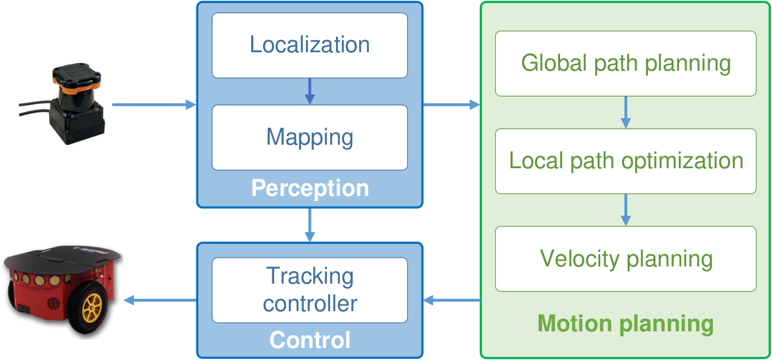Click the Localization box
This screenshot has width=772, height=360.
pos(310,45)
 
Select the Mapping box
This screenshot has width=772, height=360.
pos(310,137)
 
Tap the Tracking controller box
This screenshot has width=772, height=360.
pos(310,290)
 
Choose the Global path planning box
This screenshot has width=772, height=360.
pos(626,63)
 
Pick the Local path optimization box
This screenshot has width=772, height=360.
pos(626,161)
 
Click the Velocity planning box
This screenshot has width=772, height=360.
pos(626,259)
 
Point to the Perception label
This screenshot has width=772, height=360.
pos(310,188)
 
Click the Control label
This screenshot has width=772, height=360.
pos(310,340)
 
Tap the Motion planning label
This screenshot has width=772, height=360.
pos(626,324)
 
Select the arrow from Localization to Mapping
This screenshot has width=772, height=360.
pos(310,91)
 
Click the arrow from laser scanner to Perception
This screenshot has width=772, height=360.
pos(154,104)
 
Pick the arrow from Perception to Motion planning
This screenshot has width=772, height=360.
pos(451,104)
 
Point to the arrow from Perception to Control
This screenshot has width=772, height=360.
pos(310,225)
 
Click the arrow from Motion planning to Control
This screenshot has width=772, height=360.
pos(451,300)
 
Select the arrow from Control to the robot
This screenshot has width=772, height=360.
pos(160,300)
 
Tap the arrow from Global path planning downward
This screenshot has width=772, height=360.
pos(626,113)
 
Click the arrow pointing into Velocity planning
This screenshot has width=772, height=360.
pos(626,210)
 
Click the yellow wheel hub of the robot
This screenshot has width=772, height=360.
pos(92,307)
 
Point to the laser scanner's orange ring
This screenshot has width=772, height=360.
pos(76,84)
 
